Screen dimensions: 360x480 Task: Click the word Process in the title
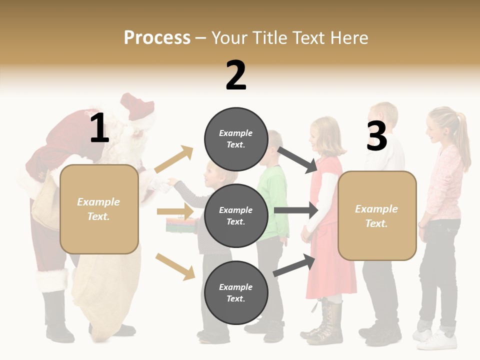click(157, 37)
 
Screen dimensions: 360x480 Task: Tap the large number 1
click(99, 128)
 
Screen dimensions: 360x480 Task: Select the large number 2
click(236, 75)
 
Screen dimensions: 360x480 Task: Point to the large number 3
click(376, 136)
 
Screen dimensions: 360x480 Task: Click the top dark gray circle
click(236, 139)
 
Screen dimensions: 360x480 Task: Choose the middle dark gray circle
click(236, 216)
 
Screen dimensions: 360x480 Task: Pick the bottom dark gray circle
click(236, 292)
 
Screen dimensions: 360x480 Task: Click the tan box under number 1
click(99, 209)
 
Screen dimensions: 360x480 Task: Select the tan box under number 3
click(377, 216)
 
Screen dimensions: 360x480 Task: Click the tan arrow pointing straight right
click(175, 211)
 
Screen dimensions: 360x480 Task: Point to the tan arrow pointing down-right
click(175, 266)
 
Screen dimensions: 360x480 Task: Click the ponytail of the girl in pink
click(463, 140)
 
